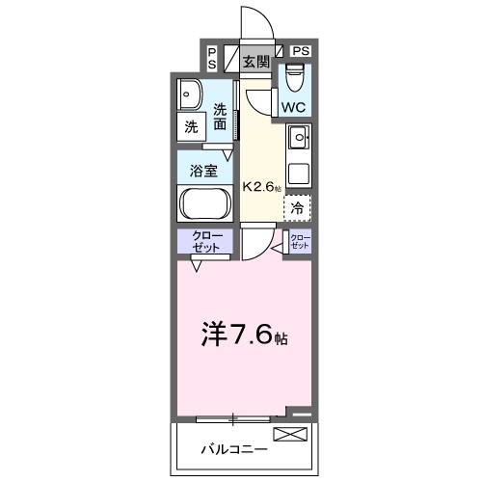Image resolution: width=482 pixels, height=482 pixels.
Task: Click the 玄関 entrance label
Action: (255, 63)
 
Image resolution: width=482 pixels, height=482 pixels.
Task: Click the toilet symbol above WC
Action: (294, 75)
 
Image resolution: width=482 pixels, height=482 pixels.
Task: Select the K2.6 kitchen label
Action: (261, 187)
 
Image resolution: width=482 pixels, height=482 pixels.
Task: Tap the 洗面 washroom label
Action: (221, 117)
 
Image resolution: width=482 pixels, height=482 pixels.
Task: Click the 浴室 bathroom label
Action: (203, 170)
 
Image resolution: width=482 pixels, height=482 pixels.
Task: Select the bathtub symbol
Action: (204, 203)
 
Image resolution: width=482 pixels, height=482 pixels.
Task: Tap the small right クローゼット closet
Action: (300, 241)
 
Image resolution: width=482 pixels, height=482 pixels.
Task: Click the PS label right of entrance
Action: (301, 49)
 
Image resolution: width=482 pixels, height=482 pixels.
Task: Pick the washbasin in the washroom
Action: (190, 94)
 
